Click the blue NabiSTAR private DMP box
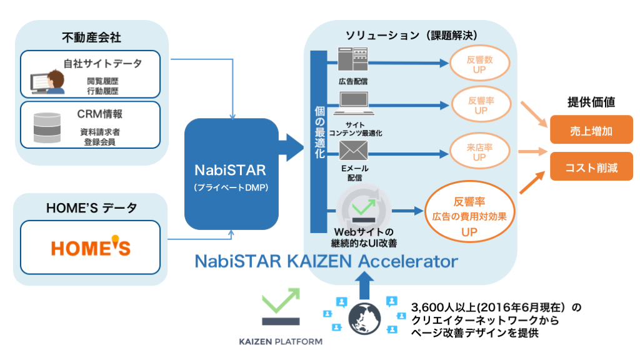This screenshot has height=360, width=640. [x=231, y=174]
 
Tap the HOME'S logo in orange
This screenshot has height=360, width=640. [x=91, y=247]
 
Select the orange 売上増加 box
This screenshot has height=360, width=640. [x=591, y=130]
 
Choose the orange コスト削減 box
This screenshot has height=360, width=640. [x=591, y=166]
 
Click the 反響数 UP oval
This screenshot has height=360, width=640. [x=479, y=63]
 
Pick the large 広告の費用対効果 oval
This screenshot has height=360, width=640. [x=469, y=212]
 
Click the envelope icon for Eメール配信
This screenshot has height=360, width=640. [x=354, y=151]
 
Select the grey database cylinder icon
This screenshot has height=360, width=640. [x=47, y=127]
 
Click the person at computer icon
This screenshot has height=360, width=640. [x=48, y=82]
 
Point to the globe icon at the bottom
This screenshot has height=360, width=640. [x=364, y=319]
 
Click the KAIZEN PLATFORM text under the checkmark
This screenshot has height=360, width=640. [x=281, y=342]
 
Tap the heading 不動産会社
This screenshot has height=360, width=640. [x=91, y=37]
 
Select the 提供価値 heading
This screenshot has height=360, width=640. [x=591, y=102]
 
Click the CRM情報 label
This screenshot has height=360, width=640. [x=99, y=114]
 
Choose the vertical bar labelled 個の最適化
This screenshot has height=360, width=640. [x=319, y=142]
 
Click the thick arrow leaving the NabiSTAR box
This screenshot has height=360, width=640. [x=291, y=147]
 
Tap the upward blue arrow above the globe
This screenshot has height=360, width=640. [x=364, y=285]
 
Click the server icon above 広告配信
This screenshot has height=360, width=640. [x=353, y=59]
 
